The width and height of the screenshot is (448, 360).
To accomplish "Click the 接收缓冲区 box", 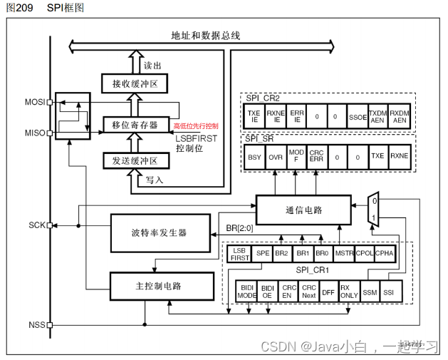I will click(135, 85).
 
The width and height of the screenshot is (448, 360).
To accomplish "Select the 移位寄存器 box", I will click(135, 125).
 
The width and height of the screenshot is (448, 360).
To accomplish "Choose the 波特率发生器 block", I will click(158, 232).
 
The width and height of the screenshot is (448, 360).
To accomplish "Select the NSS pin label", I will click(36, 325).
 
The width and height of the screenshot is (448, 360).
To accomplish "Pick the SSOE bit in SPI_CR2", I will click(358, 116).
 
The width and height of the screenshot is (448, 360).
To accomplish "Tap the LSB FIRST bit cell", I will click(240, 254).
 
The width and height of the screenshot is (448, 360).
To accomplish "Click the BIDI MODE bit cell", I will click(246, 290).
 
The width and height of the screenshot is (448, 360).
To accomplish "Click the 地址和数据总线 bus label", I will click(206, 35).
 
